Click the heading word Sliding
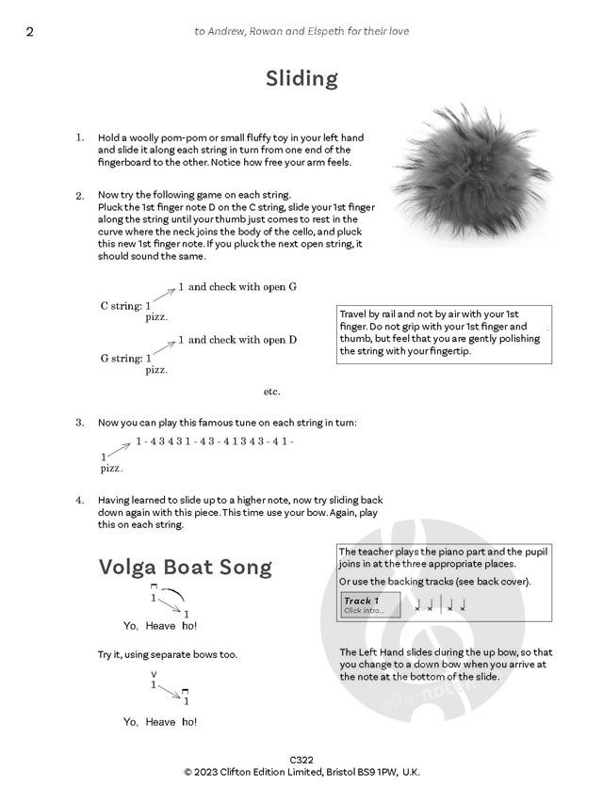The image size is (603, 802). (x=301, y=78)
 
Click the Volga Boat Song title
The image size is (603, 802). (x=185, y=568)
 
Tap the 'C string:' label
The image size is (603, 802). (x=122, y=306)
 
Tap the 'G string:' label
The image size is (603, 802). (x=122, y=359)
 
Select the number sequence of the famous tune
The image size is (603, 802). (x=215, y=441)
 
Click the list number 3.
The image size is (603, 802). (x=80, y=422)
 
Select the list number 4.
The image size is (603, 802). (x=80, y=500)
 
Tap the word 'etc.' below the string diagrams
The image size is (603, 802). (x=272, y=391)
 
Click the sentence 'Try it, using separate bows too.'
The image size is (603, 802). (x=168, y=653)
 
